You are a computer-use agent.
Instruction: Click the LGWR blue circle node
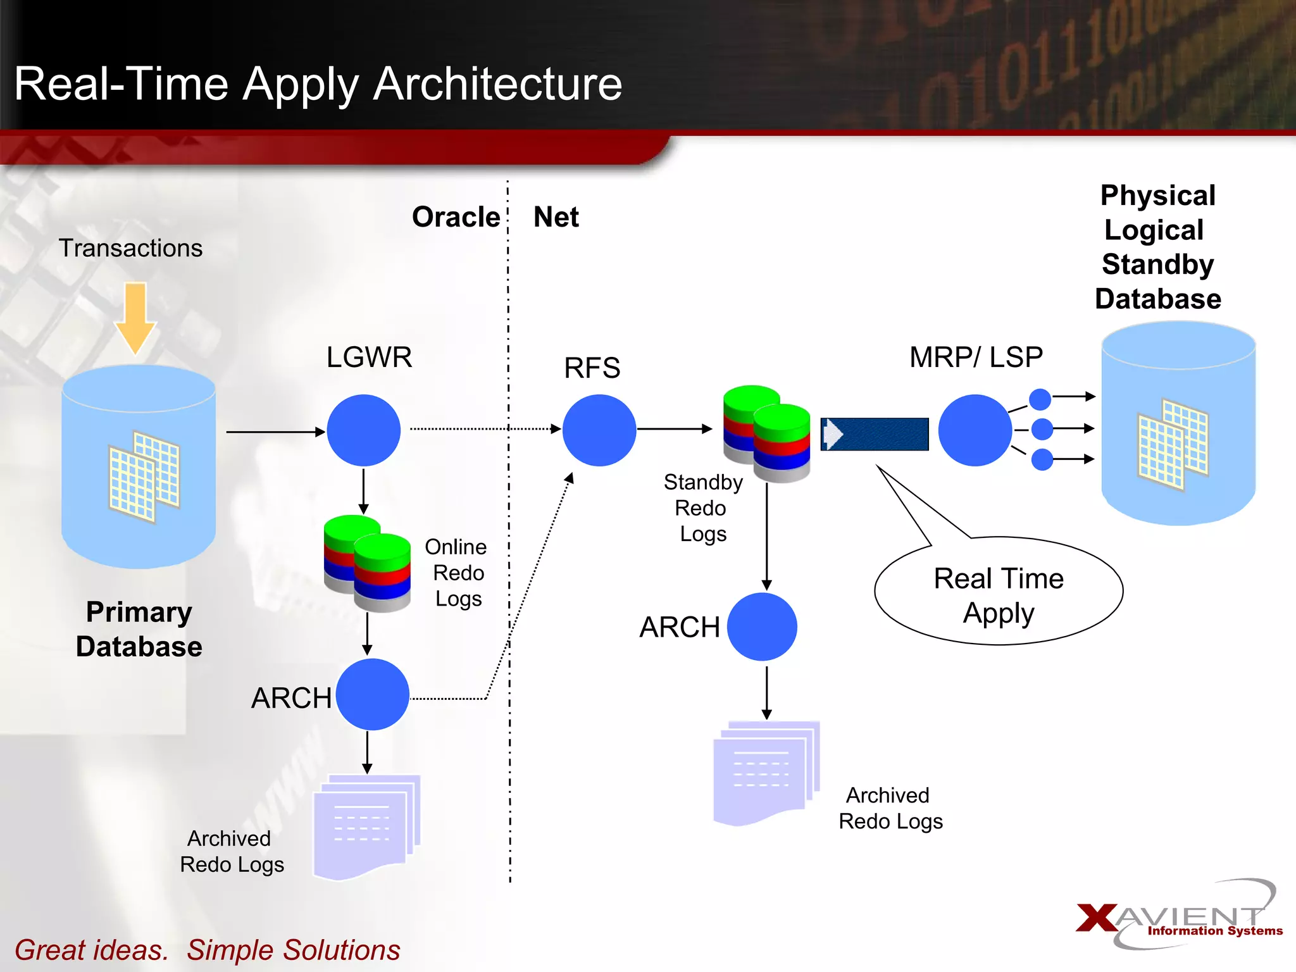363,430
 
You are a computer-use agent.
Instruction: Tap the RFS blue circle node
599,430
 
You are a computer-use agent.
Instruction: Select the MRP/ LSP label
976,358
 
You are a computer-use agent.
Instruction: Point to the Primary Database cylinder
139,466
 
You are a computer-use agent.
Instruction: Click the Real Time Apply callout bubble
998,591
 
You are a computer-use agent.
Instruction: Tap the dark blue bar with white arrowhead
875,434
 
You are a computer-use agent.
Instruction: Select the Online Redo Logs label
457,573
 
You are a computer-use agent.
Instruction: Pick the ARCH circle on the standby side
762,626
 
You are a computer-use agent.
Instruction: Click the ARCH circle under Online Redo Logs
372,694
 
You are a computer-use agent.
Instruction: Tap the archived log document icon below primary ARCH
366,826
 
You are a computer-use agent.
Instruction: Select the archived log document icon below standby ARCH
765,772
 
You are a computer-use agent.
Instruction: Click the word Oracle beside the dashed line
456,217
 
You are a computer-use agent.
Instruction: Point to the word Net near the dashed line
556,217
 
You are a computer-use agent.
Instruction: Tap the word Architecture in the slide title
497,84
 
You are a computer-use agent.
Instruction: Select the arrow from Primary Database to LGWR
275,432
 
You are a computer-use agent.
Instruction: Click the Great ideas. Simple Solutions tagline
208,950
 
